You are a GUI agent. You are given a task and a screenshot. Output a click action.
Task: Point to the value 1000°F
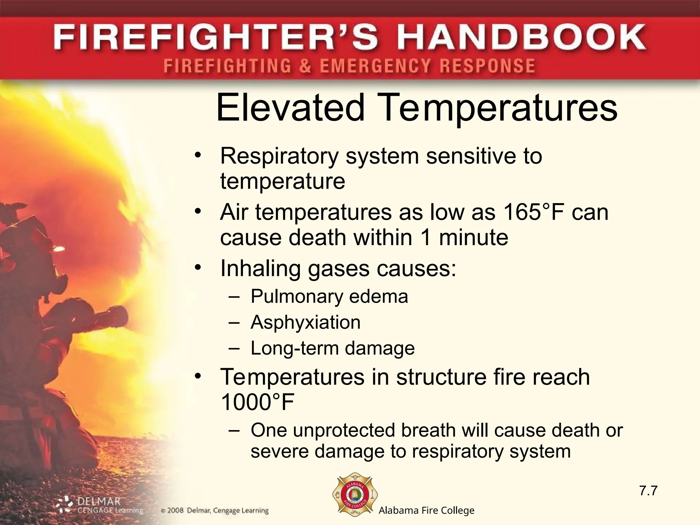pyautogui.click(x=257, y=402)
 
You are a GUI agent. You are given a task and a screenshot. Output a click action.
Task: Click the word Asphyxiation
pyautogui.click(x=305, y=322)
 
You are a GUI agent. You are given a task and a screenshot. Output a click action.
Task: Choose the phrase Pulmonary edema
pyautogui.click(x=329, y=296)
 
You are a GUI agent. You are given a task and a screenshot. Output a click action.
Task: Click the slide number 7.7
pyautogui.click(x=648, y=490)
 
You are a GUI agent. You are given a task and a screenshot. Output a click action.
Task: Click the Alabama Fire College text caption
pyautogui.click(x=427, y=511)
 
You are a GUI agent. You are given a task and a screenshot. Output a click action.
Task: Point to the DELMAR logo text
pyautogui.click(x=99, y=501)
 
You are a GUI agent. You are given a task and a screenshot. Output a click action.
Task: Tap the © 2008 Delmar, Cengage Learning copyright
pyautogui.click(x=215, y=511)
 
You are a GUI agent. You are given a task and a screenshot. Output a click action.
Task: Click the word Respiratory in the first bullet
pyautogui.click(x=279, y=156)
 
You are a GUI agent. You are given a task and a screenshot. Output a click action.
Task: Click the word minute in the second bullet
pyautogui.click(x=473, y=238)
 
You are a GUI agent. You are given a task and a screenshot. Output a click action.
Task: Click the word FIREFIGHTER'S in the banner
pyautogui.click(x=216, y=38)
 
